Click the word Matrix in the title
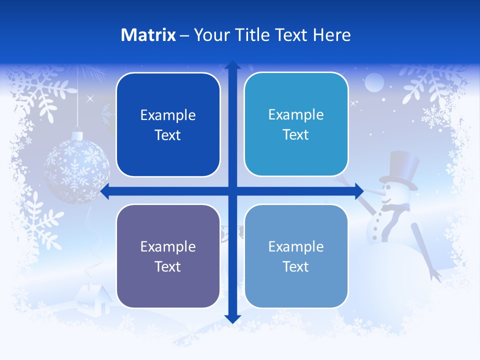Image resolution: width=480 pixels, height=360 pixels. [148, 35]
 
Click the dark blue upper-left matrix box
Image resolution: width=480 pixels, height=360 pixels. [168, 125]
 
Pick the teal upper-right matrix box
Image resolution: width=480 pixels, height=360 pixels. [296, 124]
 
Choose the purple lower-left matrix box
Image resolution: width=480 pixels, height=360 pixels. [168, 256]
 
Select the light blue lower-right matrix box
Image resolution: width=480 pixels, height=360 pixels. [296, 256]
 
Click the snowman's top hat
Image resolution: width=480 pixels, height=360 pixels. [400, 170]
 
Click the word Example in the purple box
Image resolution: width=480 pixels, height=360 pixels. [168, 246]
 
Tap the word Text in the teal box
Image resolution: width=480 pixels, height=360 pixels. [296, 134]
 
